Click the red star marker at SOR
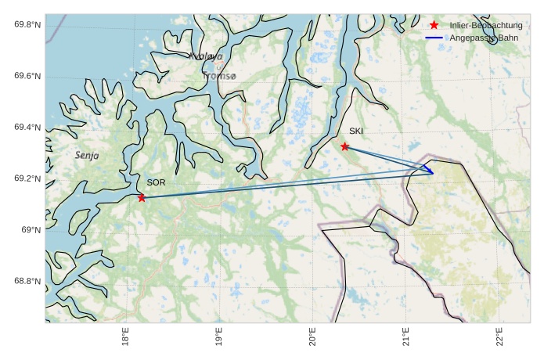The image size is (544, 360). (142, 197)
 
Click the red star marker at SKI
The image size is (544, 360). (344, 146)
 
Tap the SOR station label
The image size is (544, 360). (156, 182)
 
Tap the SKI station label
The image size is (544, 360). (356, 131)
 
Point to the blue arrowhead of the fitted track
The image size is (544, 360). (431, 172)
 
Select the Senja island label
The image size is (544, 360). (87, 155)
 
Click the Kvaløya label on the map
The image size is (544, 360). (206, 56)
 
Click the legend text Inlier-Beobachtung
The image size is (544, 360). (486, 26)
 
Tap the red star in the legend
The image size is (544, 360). (434, 26)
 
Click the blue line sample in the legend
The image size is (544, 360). (434, 38)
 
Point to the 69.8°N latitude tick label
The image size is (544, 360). (27, 24)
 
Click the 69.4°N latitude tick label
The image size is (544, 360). (27, 127)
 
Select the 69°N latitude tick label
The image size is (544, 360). (31, 230)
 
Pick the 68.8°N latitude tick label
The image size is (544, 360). (27, 281)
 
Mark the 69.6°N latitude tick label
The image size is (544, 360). (27, 76)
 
